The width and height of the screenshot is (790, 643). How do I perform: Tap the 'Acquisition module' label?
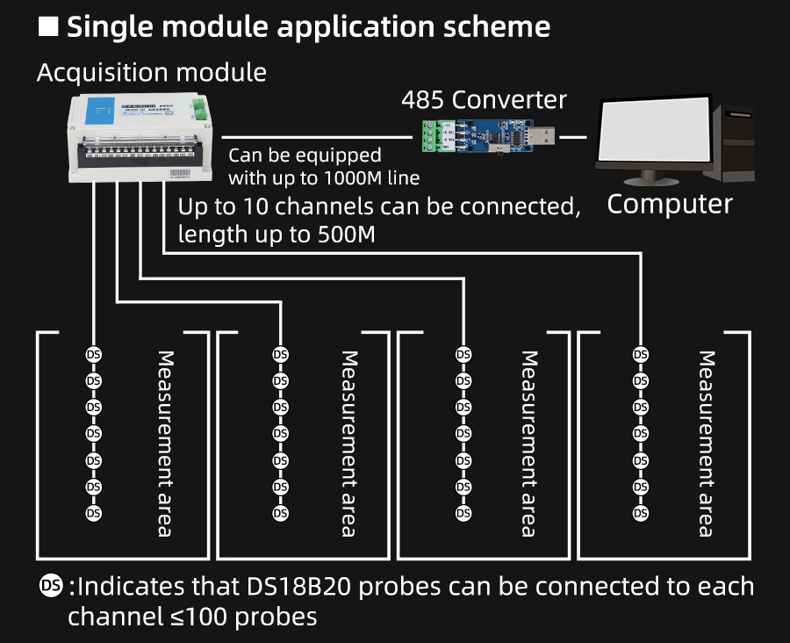(151, 72)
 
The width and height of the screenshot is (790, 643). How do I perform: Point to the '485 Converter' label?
(485, 99)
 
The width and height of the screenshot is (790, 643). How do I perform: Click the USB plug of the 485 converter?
(541, 137)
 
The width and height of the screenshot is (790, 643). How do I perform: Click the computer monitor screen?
(654, 131)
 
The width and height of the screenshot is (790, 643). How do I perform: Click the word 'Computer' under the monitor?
(670, 204)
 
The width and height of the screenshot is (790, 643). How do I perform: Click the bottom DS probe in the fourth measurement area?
(641, 512)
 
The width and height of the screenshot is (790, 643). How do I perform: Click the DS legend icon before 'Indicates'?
(52, 586)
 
